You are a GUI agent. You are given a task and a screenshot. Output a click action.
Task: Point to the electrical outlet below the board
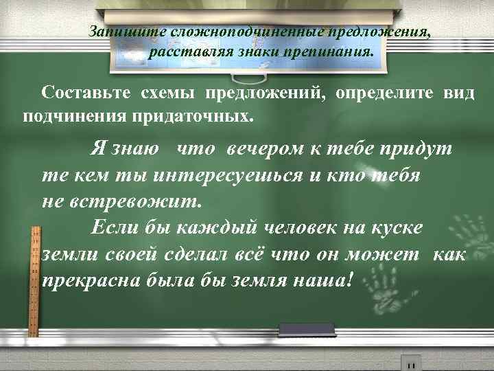(x=411, y=363)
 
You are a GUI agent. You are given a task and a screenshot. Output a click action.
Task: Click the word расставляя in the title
(x=183, y=51)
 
